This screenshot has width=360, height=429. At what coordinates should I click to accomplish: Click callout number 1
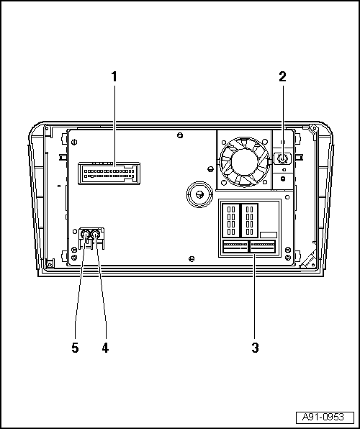tap(114, 76)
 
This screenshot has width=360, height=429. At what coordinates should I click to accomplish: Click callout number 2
tap(282, 76)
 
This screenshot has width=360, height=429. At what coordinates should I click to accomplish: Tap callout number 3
tap(255, 348)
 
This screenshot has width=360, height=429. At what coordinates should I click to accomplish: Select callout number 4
tap(105, 348)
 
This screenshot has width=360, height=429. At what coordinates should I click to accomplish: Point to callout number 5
tap(76, 348)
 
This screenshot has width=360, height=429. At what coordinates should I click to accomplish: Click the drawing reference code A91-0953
tap(323, 417)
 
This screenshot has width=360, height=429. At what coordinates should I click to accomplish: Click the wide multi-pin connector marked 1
tap(109, 173)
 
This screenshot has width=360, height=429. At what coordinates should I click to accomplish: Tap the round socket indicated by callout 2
tap(282, 158)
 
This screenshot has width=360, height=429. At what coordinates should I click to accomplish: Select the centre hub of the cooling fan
tap(244, 162)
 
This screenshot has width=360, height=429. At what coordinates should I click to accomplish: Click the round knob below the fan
tap(199, 194)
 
